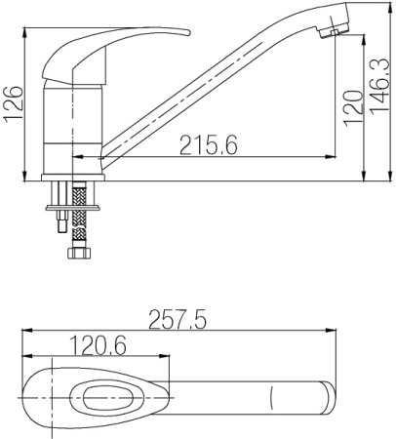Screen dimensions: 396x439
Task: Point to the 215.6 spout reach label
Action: tap(209, 145)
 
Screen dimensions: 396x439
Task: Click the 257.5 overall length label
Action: tap(178, 320)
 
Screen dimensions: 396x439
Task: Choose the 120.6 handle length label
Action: tap(98, 345)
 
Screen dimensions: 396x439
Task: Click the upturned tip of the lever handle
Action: tap(187, 32)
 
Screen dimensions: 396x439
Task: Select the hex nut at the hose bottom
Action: tap(79, 254)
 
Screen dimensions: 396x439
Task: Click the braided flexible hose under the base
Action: tap(79, 215)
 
